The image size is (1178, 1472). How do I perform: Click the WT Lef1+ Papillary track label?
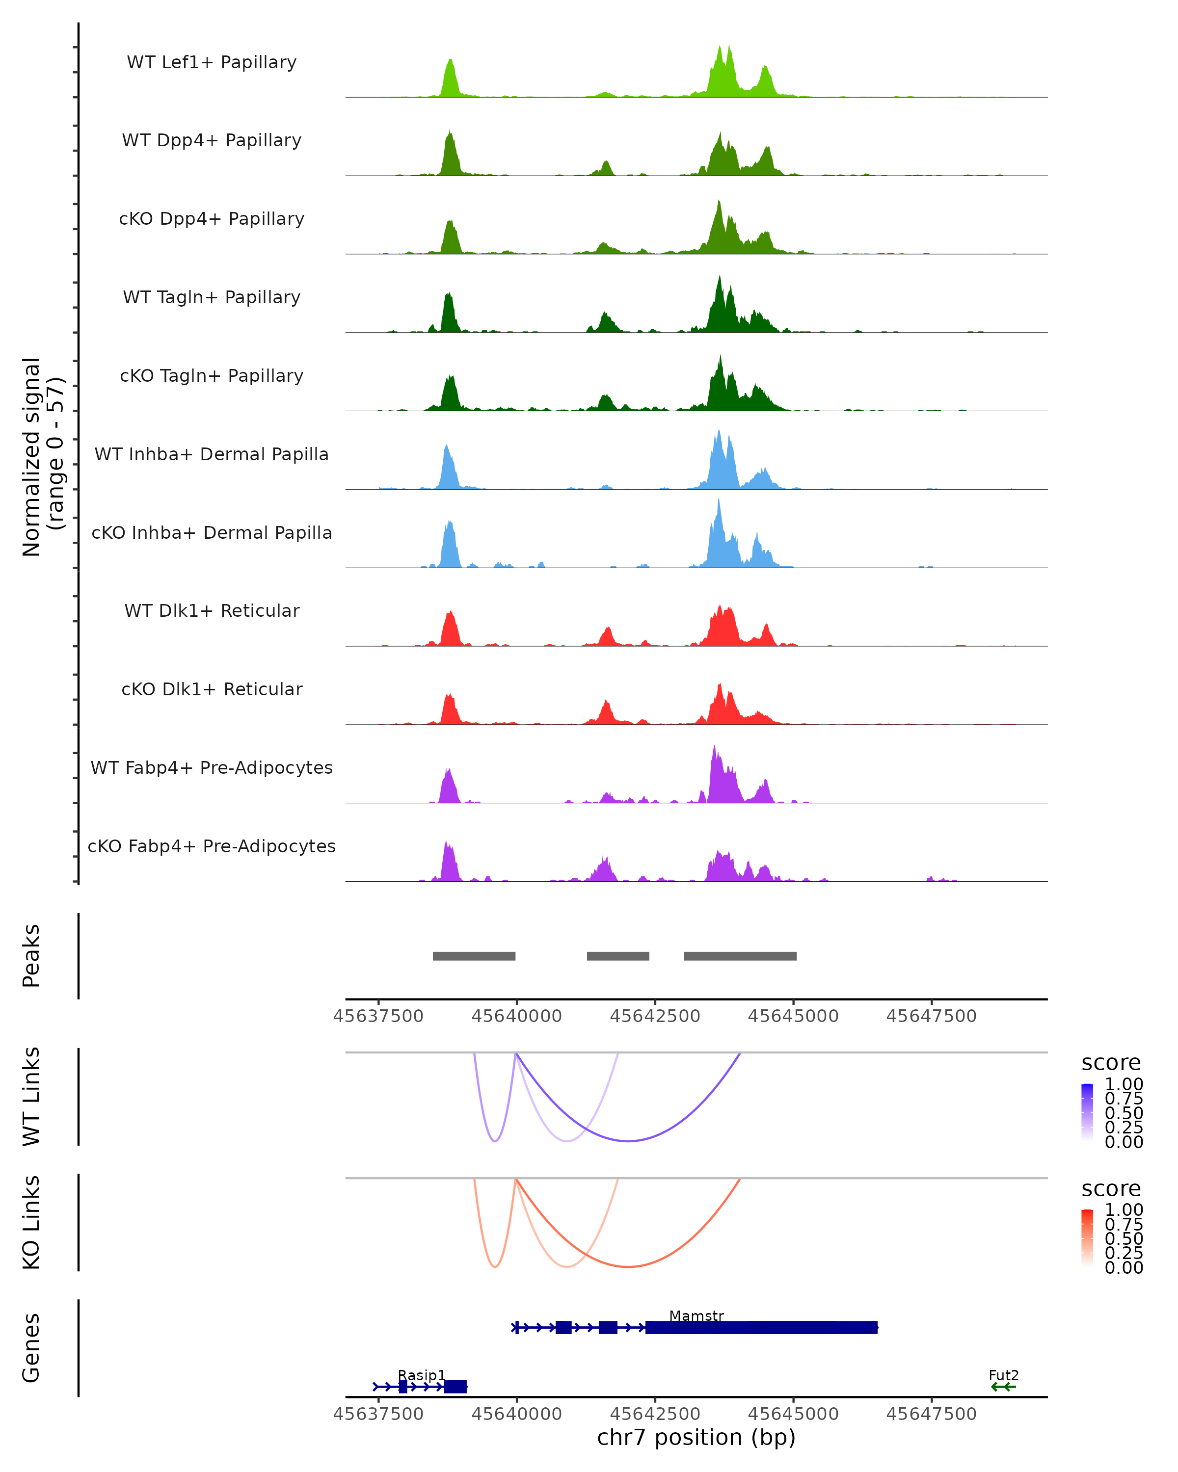coord(212,62)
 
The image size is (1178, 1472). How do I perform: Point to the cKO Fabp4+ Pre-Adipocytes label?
coord(212,846)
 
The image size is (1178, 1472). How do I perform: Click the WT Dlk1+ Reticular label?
coord(212,610)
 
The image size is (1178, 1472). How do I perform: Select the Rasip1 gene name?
coord(421,1375)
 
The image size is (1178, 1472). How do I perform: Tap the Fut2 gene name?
coord(1003,1375)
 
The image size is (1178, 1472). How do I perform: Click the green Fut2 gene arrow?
coord(1003,1387)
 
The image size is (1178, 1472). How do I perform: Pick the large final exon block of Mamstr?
coord(761,1327)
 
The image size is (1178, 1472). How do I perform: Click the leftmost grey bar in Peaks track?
coord(474,956)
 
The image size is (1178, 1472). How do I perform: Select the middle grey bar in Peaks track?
coord(618,956)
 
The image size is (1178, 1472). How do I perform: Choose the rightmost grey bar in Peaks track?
coord(740,956)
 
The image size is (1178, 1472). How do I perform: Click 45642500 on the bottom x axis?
coord(655,1414)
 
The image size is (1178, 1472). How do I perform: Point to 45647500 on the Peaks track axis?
coord(932,1016)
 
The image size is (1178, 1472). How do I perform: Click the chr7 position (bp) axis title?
coord(696,1438)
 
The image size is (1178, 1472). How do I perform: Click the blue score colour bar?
coord(1087,1112)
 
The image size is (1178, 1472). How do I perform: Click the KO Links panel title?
coord(31,1222)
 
